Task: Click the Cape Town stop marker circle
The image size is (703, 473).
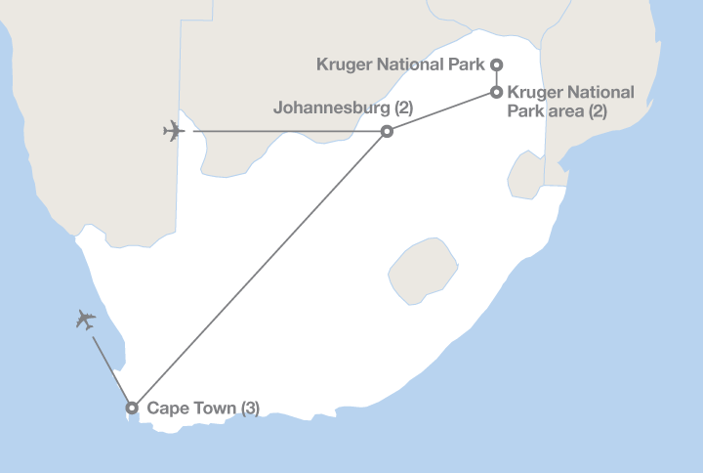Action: point(132,407)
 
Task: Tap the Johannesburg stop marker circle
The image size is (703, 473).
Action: point(387,131)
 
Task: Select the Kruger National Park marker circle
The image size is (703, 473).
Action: point(496,64)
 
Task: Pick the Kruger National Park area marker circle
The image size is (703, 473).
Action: point(496,93)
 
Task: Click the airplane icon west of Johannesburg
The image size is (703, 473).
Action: point(174,130)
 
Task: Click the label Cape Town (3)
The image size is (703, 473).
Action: point(202,408)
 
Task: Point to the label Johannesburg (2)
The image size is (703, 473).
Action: point(344,108)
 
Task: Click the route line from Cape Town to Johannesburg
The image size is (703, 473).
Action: point(259,269)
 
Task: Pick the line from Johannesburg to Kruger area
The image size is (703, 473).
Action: point(441,111)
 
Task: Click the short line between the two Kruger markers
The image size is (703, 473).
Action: point(496,78)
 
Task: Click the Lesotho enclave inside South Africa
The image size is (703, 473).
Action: point(424,267)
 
